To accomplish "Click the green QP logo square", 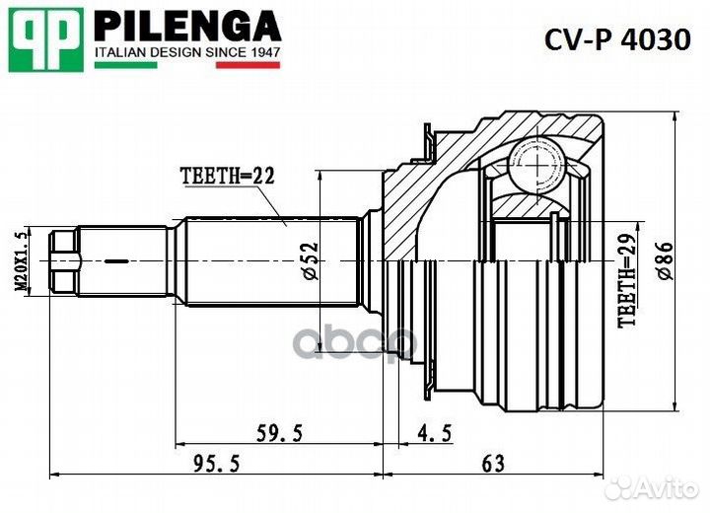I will point(43,38).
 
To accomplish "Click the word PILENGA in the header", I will point(186,24).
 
